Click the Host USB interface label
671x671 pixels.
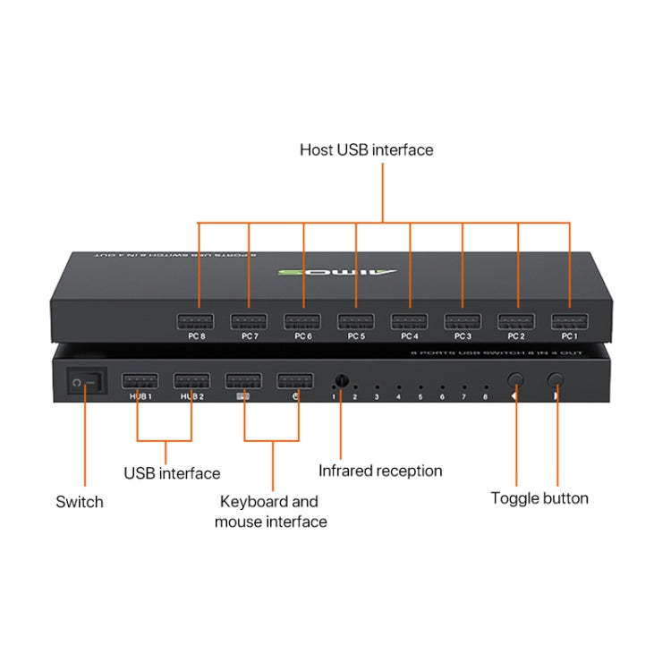pos(366,150)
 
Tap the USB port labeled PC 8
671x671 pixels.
pos(195,321)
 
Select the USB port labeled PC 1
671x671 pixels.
pos(569,321)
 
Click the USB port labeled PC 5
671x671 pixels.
pos(355,321)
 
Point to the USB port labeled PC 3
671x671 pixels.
pos(463,321)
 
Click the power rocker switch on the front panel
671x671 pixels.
pos(85,383)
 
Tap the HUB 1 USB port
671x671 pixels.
pos(140,380)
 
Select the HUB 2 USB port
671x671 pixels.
pos(191,380)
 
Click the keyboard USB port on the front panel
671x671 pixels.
pos(243,380)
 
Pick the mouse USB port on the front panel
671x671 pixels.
pos(295,380)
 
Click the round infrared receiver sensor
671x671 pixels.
pos(341,380)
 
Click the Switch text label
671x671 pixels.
pos(80,502)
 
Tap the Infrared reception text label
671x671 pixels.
pos(380,471)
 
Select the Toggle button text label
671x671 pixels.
pos(539,498)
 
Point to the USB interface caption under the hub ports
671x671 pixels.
pos(172,472)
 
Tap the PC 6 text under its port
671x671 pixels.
pos(302,337)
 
